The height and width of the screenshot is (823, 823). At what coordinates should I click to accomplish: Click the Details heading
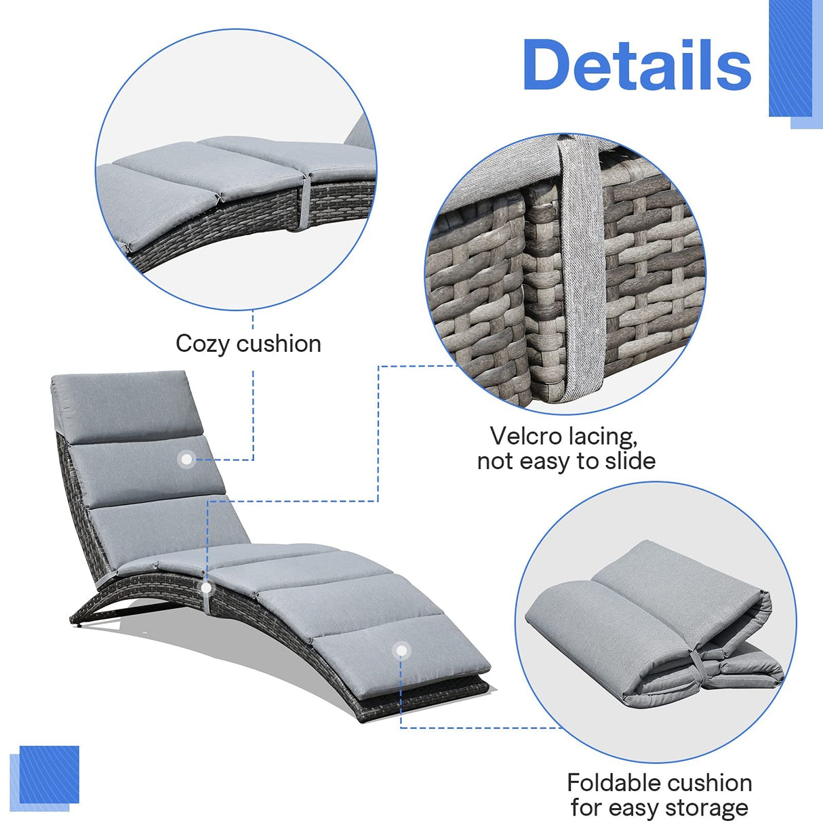pos(637,65)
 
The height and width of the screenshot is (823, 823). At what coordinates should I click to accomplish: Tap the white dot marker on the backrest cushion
pos(185,460)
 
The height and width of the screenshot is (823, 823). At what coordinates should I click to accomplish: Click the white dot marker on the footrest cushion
pos(401,651)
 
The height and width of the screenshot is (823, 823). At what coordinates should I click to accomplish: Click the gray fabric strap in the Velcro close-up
pos(579,271)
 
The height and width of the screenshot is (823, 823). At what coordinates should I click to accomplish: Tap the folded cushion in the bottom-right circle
pos(651,624)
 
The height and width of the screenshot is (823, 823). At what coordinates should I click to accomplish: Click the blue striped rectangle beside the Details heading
pos(790,61)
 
